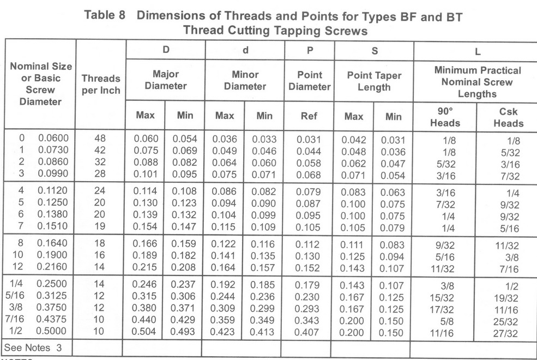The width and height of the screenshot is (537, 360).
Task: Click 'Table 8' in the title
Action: coord(105,16)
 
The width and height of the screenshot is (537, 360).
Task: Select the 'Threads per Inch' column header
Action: coord(101,84)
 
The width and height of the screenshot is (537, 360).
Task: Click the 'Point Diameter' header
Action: coord(309,80)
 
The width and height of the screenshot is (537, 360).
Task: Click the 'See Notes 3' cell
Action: coord(34,347)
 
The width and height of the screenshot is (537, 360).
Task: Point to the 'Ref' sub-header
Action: coord(309,115)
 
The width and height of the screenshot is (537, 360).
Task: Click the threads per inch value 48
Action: coord(100,139)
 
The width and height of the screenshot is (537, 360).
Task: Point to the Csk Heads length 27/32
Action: coord(506,334)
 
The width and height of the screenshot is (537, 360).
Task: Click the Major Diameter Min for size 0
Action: coord(184,139)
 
